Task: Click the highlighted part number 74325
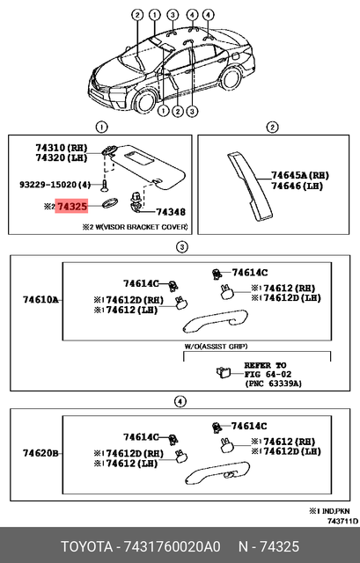(x=71, y=206)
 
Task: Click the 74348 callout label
(x=170, y=213)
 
